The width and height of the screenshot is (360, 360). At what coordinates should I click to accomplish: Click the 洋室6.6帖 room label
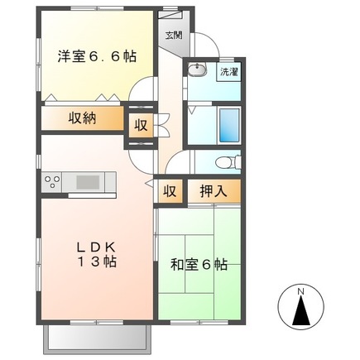coord(96,57)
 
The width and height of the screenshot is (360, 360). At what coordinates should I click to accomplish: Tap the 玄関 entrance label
coord(173,36)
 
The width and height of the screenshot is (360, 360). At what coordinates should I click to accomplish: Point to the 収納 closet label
coord(82,118)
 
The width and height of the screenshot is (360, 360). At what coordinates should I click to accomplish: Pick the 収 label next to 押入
coord(169,191)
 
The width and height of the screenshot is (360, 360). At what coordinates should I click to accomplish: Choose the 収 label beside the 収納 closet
coord(140,126)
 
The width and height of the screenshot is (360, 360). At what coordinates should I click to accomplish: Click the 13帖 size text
coord(98,262)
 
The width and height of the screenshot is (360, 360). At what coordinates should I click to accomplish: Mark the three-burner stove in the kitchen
coord(52,181)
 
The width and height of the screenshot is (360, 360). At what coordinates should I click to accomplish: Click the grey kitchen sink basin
coord(86,181)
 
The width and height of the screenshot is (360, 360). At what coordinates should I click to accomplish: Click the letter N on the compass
coord(301,291)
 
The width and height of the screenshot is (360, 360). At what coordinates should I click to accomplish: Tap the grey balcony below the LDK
coord(98,336)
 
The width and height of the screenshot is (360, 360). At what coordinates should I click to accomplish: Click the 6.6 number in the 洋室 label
coord(111,57)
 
